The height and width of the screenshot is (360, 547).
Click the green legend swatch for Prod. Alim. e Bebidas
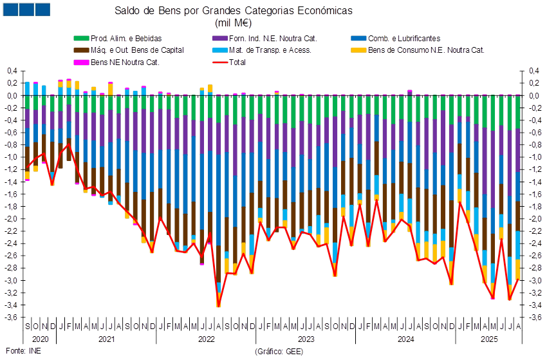tap(81, 39)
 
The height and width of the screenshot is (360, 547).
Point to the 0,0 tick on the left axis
tap(12, 95)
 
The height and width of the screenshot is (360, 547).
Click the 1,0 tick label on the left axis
tap(12, 157)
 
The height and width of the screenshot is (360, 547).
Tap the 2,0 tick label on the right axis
tap(534, 219)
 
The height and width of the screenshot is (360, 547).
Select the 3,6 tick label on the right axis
tap(534, 317)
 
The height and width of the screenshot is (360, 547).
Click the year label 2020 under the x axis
tap(40, 338)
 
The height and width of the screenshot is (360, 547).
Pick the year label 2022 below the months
tap(206, 338)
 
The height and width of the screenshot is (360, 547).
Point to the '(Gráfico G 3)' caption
tap(278, 351)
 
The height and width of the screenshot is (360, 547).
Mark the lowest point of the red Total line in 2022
tap(219, 307)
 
